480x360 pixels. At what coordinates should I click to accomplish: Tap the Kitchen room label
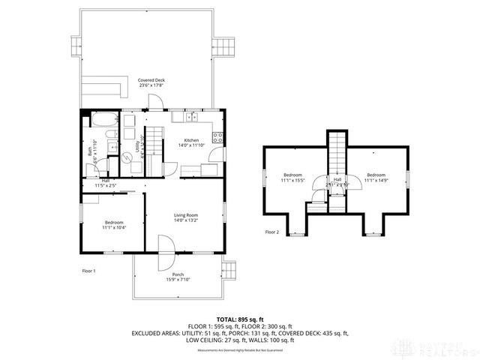pyautogui.click(x=192, y=141)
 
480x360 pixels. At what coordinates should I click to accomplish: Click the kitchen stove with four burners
pyautogui.click(x=218, y=137)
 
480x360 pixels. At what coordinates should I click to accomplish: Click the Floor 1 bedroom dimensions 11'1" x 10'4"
pyautogui.click(x=114, y=227)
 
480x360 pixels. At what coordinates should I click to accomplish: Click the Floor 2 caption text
pyautogui.click(x=271, y=232)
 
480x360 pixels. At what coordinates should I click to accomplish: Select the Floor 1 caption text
pyautogui.click(x=88, y=270)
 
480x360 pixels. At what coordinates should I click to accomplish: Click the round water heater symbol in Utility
pyautogui.click(x=127, y=157)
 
